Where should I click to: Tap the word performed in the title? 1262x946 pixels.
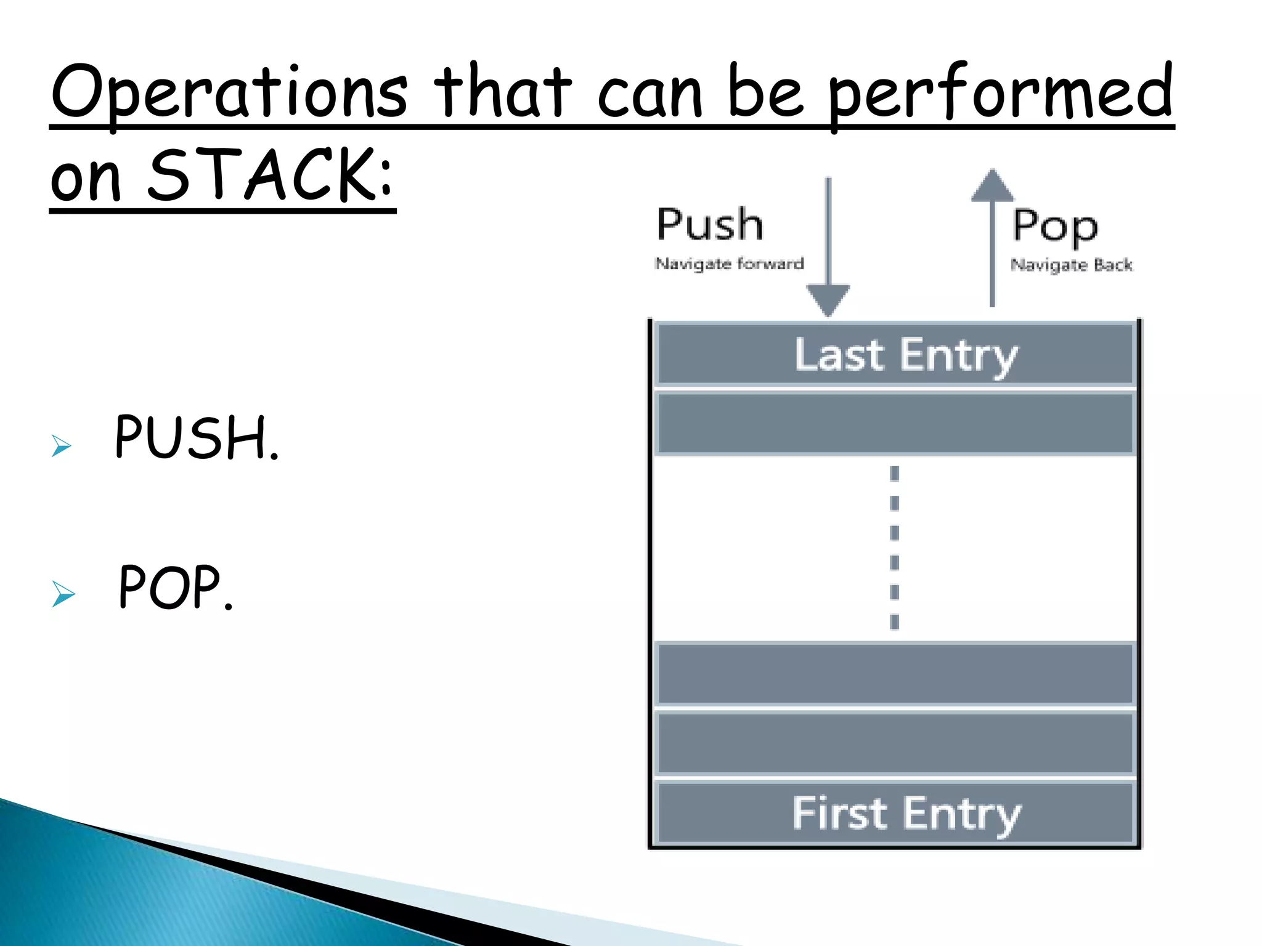click(x=1001, y=92)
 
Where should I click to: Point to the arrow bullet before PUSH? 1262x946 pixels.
click(x=62, y=445)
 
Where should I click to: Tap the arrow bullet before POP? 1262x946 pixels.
click(x=63, y=594)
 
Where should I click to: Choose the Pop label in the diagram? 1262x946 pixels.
click(x=1055, y=227)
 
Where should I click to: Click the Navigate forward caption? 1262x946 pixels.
click(x=729, y=264)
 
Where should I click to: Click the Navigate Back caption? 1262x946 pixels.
click(x=1071, y=265)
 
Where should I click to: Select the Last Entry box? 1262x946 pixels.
click(x=895, y=354)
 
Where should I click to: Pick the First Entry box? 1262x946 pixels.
click(x=895, y=812)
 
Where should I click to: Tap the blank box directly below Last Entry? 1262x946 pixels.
click(x=895, y=424)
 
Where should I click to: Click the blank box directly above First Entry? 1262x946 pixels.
click(x=895, y=743)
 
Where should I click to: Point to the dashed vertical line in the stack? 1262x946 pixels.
click(x=894, y=548)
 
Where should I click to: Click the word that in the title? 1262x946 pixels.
click(x=503, y=92)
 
